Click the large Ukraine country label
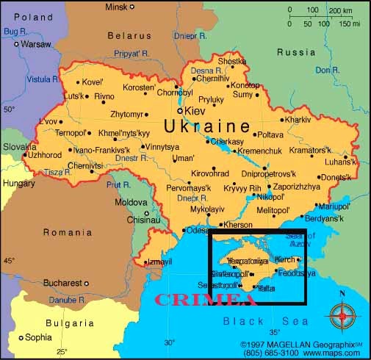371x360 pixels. coord(206,126)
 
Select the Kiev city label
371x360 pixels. coord(195,111)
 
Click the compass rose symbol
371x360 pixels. coord(342,316)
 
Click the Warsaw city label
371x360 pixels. coord(35,44)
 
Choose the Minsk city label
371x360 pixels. coord(116,7)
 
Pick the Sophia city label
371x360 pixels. coord(38,338)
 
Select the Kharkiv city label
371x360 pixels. coord(297,119)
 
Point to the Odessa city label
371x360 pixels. coord(197,230)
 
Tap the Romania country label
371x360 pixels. coord(67,233)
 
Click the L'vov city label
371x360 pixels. coord(48,121)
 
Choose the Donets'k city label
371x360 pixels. coord(336,178)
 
